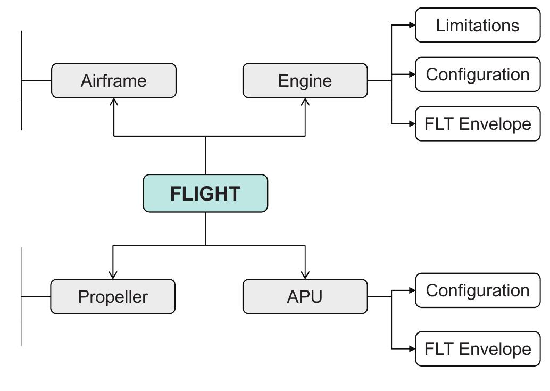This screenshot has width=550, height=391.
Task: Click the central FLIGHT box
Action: click(x=205, y=193)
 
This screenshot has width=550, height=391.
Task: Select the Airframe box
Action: click(x=113, y=81)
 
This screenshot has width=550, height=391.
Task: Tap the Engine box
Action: click(x=305, y=81)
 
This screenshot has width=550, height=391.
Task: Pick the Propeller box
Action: click(x=113, y=296)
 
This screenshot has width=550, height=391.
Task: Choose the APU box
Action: click(x=305, y=296)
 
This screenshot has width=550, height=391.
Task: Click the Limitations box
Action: click(x=477, y=25)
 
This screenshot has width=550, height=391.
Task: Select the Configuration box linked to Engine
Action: click(x=477, y=74)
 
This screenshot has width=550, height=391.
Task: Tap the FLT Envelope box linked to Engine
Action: click(x=477, y=124)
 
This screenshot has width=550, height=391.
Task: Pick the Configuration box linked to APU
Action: click(x=477, y=290)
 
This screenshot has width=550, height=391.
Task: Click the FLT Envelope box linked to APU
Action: click(x=477, y=349)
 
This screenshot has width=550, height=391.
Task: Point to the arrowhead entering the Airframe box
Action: click(x=114, y=102)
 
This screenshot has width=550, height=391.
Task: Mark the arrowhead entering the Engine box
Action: click(x=305, y=102)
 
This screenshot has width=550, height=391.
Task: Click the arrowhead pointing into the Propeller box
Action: click(x=113, y=275)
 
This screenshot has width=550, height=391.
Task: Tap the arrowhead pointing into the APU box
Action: click(x=305, y=275)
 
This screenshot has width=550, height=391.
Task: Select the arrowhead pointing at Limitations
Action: click(x=412, y=25)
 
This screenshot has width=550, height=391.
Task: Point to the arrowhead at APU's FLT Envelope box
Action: click(x=412, y=349)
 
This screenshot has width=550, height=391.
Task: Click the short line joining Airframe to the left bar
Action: click(x=36, y=81)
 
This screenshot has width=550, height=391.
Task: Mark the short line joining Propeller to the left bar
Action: click(x=36, y=296)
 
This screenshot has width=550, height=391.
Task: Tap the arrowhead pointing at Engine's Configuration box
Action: click(x=412, y=74)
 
